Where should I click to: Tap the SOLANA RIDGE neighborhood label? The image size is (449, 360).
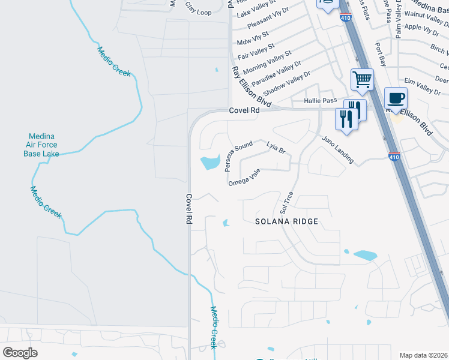coord(286,221)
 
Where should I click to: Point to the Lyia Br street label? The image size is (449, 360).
coord(276,148)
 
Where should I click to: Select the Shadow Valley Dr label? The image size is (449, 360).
coord(287,83)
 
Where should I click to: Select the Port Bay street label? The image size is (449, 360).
coord(379,55)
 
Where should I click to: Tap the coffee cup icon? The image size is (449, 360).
coord(396,98)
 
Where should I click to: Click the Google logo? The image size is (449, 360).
coord(20,353)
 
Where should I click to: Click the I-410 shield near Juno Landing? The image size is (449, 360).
coord(394,156)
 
